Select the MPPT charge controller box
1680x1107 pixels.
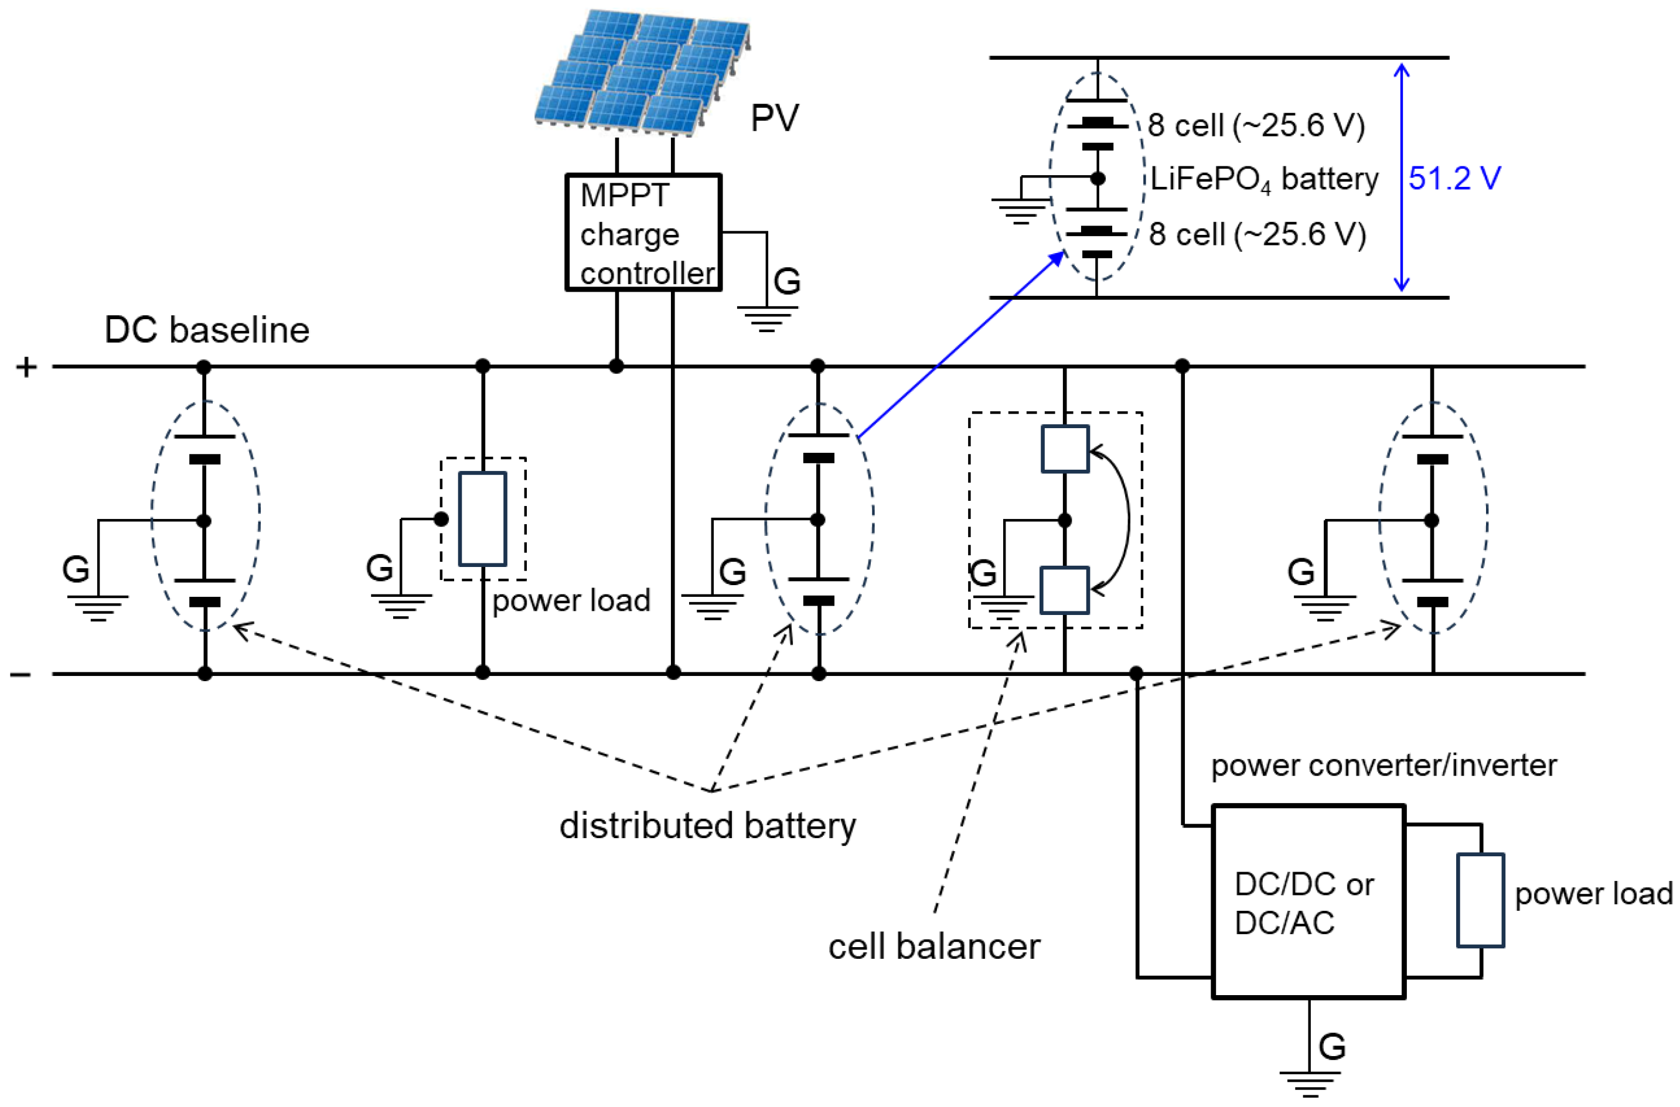pyautogui.click(x=643, y=233)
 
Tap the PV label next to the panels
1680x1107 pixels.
pyautogui.click(x=774, y=118)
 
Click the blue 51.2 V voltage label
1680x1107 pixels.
pyautogui.click(x=1453, y=178)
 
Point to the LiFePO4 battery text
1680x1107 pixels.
pyautogui.click(x=1263, y=179)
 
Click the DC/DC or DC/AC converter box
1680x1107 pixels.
pyautogui.click(x=1307, y=901)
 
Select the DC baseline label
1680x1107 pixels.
pyautogui.click(x=207, y=330)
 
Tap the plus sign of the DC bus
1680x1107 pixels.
pyautogui.click(x=26, y=367)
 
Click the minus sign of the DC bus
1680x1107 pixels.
pyautogui.click(x=21, y=675)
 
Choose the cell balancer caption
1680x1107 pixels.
pyautogui.click(x=933, y=947)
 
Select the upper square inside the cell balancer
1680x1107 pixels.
pyautogui.click(x=1064, y=448)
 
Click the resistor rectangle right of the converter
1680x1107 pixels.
pyautogui.click(x=1480, y=900)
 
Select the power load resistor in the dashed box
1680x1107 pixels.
pyautogui.click(x=482, y=519)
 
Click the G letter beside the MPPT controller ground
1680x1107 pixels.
pyautogui.click(x=787, y=281)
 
